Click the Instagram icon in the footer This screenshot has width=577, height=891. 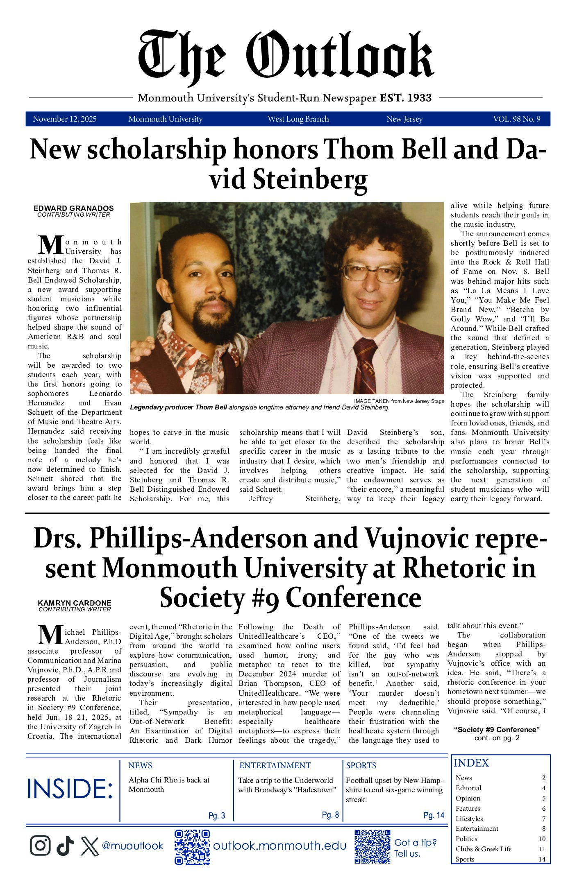pyautogui.click(x=40, y=845)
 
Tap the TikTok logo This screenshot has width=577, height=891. pyautogui.click(x=65, y=845)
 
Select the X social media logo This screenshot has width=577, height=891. pyautogui.click(x=90, y=846)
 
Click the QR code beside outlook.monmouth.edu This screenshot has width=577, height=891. pyautogui.click(x=192, y=846)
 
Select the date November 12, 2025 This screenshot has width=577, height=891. pyautogui.click(x=65, y=119)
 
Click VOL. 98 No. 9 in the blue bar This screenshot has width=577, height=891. pyautogui.click(x=516, y=119)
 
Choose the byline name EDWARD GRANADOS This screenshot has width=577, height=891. pyautogui.click(x=74, y=208)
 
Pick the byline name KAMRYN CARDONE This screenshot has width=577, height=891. pyautogui.click(x=75, y=603)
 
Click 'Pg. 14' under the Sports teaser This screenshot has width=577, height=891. pyautogui.click(x=434, y=815)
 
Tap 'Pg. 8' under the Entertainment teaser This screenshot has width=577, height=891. pyautogui.click(x=330, y=814)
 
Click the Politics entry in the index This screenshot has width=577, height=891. pyautogui.click(x=466, y=839)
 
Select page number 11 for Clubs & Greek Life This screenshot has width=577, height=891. pyautogui.click(x=542, y=849)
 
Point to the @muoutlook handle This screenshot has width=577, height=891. pyautogui.click(x=132, y=846)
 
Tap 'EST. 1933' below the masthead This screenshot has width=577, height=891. pyautogui.click(x=406, y=98)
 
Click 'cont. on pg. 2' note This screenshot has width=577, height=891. pyautogui.click(x=497, y=738)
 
